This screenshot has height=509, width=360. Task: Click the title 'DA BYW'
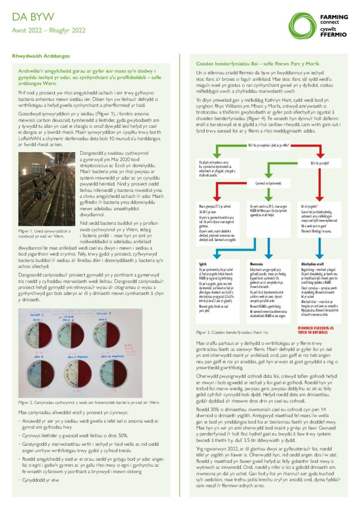(33, 18)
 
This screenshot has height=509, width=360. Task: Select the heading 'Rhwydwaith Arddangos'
(41, 57)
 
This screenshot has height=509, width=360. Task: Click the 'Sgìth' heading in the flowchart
(203, 264)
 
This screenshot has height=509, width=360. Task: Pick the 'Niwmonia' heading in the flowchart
(258, 264)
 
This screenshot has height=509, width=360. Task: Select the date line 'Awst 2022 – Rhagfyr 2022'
(49, 30)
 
